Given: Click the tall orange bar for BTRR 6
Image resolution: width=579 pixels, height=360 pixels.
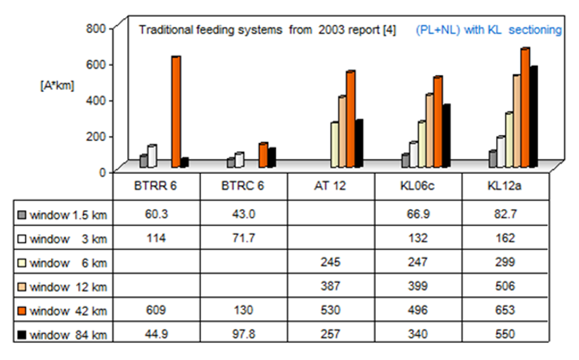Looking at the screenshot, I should tap(176, 112).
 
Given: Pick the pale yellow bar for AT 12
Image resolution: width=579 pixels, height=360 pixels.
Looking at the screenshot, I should tap(334, 145).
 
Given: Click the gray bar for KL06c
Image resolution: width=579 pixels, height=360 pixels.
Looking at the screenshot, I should tap(405, 161).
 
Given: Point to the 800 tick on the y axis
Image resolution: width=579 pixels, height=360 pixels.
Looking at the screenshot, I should tap(96, 29).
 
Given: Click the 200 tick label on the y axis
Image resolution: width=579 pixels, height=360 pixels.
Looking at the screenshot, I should tap(96, 137).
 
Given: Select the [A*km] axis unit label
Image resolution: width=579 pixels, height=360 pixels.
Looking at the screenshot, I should tap(57, 86).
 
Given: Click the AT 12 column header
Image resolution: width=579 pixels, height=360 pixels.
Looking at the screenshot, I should tap(330, 186).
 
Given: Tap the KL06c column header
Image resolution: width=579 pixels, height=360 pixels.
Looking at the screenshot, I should tap(417, 186).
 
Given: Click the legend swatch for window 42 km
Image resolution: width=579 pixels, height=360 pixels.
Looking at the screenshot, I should tap(22, 311).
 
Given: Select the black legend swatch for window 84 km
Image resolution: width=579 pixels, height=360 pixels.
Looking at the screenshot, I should tap(22, 335).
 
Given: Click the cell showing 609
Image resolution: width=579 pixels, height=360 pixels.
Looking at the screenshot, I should tap(156, 310).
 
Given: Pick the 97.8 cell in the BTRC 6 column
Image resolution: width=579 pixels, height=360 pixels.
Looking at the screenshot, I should tap(244, 334).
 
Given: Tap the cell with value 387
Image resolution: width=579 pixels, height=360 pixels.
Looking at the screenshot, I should tap(330, 286).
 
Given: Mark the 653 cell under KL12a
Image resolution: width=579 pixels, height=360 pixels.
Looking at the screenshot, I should tap(505, 310).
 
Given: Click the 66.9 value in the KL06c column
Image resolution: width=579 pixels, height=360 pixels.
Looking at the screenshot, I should tap(418, 214).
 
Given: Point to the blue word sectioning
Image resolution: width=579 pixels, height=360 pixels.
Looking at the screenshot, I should tap(535, 30).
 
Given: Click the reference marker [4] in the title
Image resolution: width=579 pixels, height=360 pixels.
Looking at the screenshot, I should tap(389, 30).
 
